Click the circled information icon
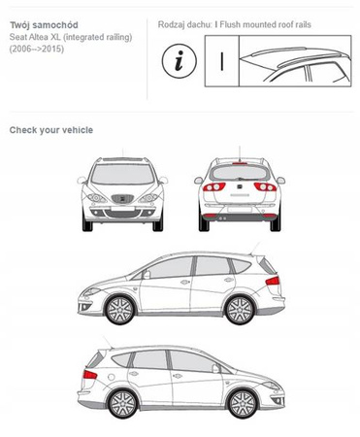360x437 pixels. (180, 60)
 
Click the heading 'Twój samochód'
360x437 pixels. (44, 25)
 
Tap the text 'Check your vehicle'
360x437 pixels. (51, 130)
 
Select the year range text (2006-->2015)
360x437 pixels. (37, 50)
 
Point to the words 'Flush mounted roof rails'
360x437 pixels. (265, 24)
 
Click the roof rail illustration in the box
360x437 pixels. (295, 61)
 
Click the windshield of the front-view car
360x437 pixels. (122, 174)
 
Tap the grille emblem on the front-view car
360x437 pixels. (122, 199)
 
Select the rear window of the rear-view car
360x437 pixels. (240, 173)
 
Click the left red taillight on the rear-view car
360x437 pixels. (214, 186)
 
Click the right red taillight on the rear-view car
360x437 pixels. (265, 186)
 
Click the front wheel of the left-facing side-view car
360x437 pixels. (119, 310)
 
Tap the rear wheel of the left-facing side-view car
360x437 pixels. (240, 310)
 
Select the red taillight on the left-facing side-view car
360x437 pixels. (273, 281)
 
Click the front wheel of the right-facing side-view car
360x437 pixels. (243, 404)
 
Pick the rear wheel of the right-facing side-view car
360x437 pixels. (122, 404)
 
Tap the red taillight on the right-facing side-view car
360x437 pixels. (90, 375)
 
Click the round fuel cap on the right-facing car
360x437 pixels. (111, 377)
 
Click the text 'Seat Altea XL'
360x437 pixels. (35, 37)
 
